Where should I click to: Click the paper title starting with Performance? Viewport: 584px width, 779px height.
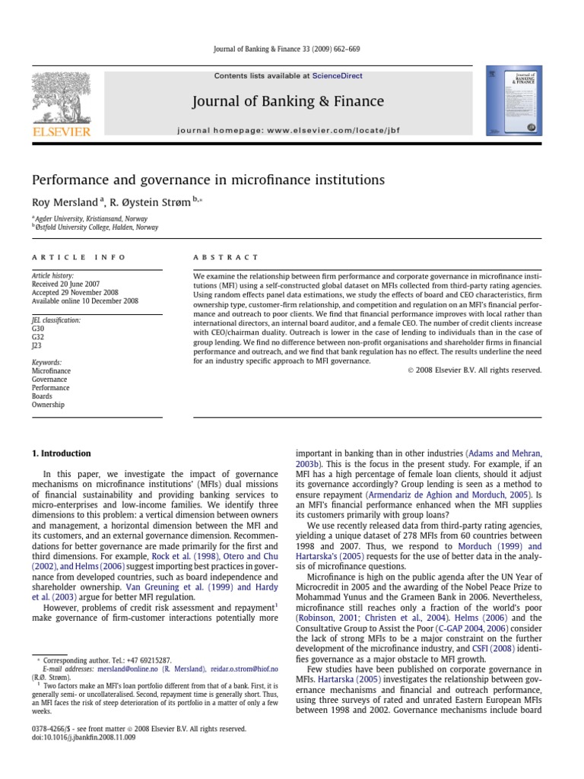point(208,180)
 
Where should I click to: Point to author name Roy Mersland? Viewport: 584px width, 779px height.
point(65,202)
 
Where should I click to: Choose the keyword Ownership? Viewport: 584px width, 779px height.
point(48,405)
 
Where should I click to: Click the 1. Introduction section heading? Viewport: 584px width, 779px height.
point(61,453)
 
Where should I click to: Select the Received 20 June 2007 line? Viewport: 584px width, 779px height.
point(65,284)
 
